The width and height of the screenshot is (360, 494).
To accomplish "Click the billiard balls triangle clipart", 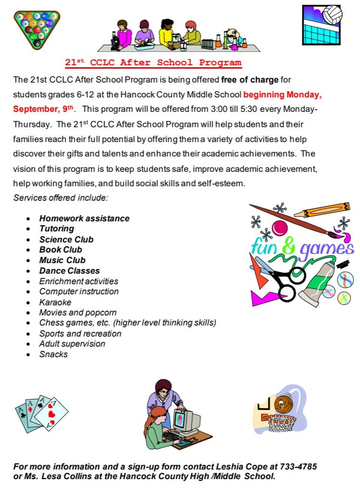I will pos(37,29).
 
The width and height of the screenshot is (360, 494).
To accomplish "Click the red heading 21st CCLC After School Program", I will pos(154,62).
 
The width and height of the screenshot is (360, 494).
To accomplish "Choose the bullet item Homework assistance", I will pos(84,218).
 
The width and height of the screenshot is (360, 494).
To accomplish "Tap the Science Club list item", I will pos(66,240).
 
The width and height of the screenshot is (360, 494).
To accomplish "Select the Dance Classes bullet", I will pos(70,271).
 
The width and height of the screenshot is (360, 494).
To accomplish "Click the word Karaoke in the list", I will pos(55,302).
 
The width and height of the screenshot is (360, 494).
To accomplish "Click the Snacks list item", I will pos(54,354).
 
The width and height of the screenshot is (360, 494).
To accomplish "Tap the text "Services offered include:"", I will pos(61,198).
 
